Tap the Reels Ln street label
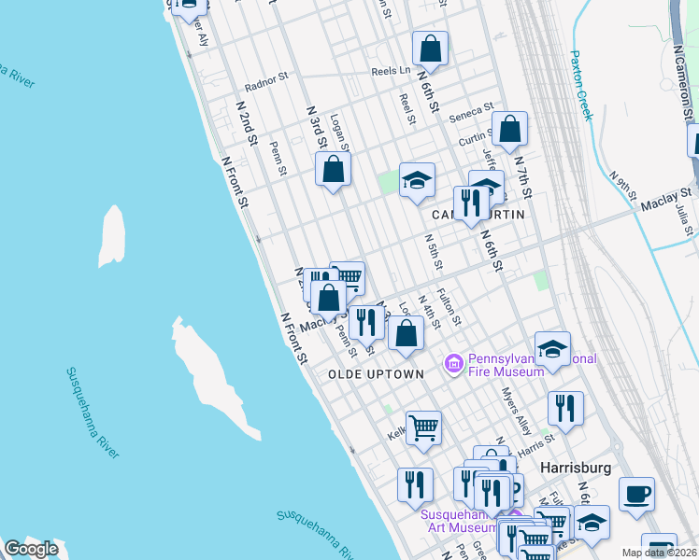(x=391, y=70)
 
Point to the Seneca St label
(x=470, y=114)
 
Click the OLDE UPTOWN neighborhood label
(x=376, y=373)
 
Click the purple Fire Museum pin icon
(x=454, y=362)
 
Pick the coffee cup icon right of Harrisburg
(x=636, y=495)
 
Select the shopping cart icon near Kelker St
(x=423, y=427)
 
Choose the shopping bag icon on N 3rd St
(x=334, y=170)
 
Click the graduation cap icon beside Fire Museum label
(x=552, y=348)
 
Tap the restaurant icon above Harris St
(x=565, y=408)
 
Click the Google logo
(x=31, y=549)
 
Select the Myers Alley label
(x=516, y=411)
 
